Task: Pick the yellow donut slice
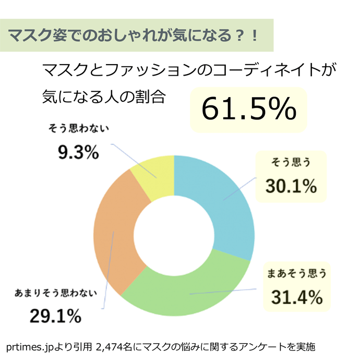pyautogui.click(x=154, y=175)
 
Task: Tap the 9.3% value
pyautogui.click(x=78, y=152)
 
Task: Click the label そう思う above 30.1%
pyautogui.click(x=291, y=163)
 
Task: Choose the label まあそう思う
pyautogui.click(x=296, y=273)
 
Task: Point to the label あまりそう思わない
pyautogui.click(x=55, y=293)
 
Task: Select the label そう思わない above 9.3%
pyautogui.click(x=79, y=129)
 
